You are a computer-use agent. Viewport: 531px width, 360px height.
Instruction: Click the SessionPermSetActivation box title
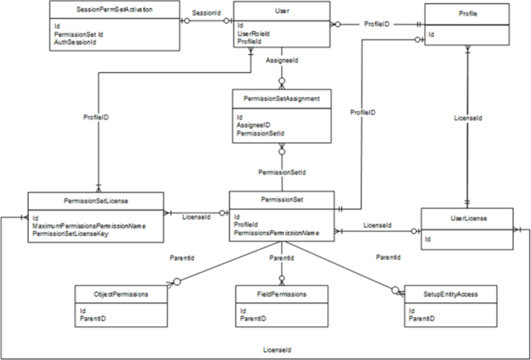115,10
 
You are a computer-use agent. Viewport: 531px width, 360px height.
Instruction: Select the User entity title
282,10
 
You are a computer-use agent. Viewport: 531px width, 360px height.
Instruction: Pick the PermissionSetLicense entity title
96,200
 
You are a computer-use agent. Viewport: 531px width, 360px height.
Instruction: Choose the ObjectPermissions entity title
121,294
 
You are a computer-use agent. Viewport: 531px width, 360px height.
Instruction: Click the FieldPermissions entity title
282,294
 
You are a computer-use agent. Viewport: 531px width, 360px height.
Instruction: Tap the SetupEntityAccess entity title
450,294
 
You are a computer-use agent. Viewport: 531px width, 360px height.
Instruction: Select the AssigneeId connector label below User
282,60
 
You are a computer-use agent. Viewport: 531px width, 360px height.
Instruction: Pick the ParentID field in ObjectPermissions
92,318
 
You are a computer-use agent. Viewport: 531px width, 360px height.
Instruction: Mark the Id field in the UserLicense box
429,239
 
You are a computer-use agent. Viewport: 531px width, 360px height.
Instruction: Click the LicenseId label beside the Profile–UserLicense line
468,117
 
